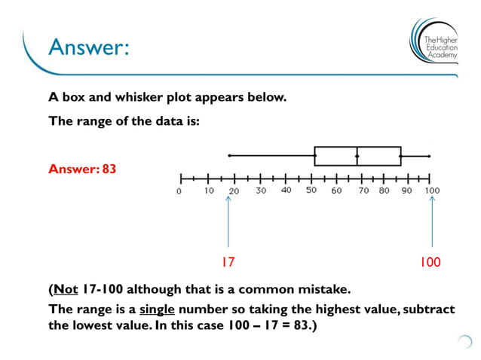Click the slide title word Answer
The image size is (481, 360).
click(x=89, y=47)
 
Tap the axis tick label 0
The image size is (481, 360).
click(x=179, y=191)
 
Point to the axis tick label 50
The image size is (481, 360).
click(x=311, y=191)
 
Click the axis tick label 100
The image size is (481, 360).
click(x=432, y=191)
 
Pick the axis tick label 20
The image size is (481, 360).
click(x=234, y=191)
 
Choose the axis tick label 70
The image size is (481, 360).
click(x=363, y=191)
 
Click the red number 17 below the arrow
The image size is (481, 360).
click(x=228, y=262)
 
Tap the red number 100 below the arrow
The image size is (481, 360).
click(x=430, y=262)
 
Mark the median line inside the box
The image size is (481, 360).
click(x=357, y=156)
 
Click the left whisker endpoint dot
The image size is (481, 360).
click(x=228, y=156)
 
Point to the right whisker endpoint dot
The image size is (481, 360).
click(x=429, y=156)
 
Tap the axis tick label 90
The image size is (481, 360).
click(x=407, y=191)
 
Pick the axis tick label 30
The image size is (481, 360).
click(x=261, y=191)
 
